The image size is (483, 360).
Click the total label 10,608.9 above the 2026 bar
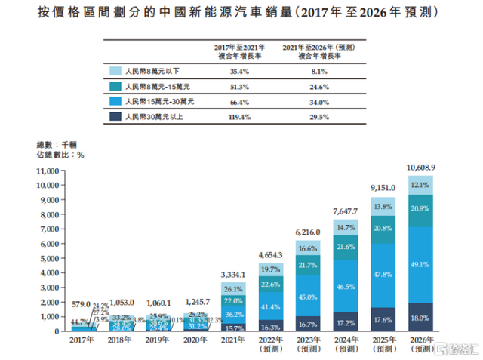pos(420,167)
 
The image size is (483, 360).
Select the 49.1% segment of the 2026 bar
pos(421,265)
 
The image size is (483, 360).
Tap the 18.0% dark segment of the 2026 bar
pos(421,318)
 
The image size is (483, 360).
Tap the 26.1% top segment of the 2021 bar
pos(233,288)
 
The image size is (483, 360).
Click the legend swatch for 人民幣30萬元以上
pos(115,117)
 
